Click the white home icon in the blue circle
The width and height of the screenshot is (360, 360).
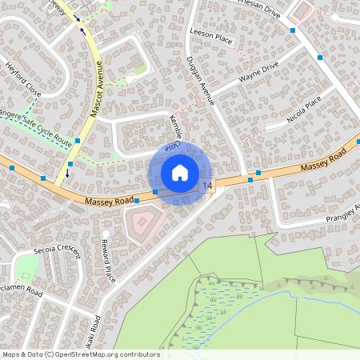pyautogui.click(x=180, y=172)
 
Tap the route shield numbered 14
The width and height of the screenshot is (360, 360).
pyautogui.click(x=208, y=186)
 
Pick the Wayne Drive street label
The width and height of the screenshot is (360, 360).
pyautogui.click(x=258, y=74)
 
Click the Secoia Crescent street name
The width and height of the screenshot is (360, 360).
pyautogui.click(x=58, y=250)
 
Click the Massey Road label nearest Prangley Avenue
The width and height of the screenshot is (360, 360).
pyautogui.click(x=322, y=162)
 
